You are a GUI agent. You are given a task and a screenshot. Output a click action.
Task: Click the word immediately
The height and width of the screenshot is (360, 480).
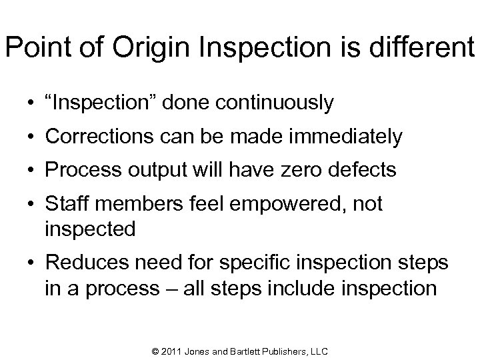[345, 137]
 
